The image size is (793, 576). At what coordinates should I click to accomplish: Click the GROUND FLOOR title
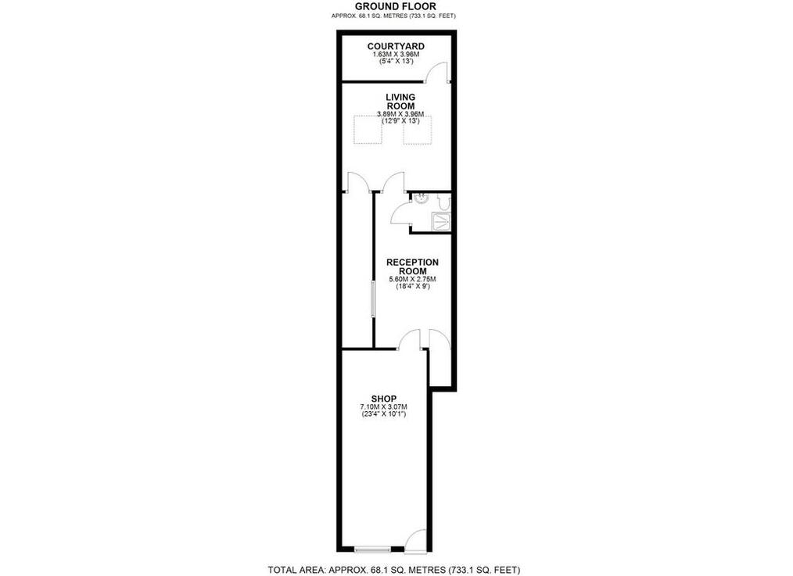pyautogui.click(x=396, y=6)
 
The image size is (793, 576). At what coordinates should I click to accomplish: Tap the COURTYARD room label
pyautogui.click(x=396, y=46)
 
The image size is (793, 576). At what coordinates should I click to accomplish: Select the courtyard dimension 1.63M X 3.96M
pyautogui.click(x=396, y=55)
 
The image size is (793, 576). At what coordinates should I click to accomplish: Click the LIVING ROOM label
pyautogui.click(x=400, y=102)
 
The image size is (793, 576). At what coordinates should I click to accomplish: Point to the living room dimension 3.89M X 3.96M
pyautogui.click(x=400, y=114)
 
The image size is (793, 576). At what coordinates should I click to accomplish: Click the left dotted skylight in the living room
pyautogui.click(x=368, y=130)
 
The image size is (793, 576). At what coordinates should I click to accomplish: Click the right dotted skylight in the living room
pyautogui.click(x=418, y=131)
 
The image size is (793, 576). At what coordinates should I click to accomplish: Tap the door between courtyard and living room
pyautogui.click(x=437, y=72)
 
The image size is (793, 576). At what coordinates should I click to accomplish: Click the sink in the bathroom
pyautogui.click(x=420, y=199)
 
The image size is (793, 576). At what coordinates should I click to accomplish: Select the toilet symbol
pyautogui.click(x=443, y=202)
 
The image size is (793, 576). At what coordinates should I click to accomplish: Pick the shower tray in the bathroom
pyautogui.click(x=440, y=221)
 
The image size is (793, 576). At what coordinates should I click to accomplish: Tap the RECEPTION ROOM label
pyautogui.click(x=412, y=267)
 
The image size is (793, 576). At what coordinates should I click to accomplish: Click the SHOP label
pyautogui.click(x=384, y=399)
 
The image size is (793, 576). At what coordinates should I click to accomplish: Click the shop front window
pyautogui.click(x=373, y=549)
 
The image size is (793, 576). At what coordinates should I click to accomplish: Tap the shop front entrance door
pyautogui.click(x=416, y=538)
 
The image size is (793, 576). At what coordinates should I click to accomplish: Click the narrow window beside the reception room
pyautogui.click(x=373, y=299)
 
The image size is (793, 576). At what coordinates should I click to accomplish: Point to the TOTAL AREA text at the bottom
pyautogui.click(x=394, y=570)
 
